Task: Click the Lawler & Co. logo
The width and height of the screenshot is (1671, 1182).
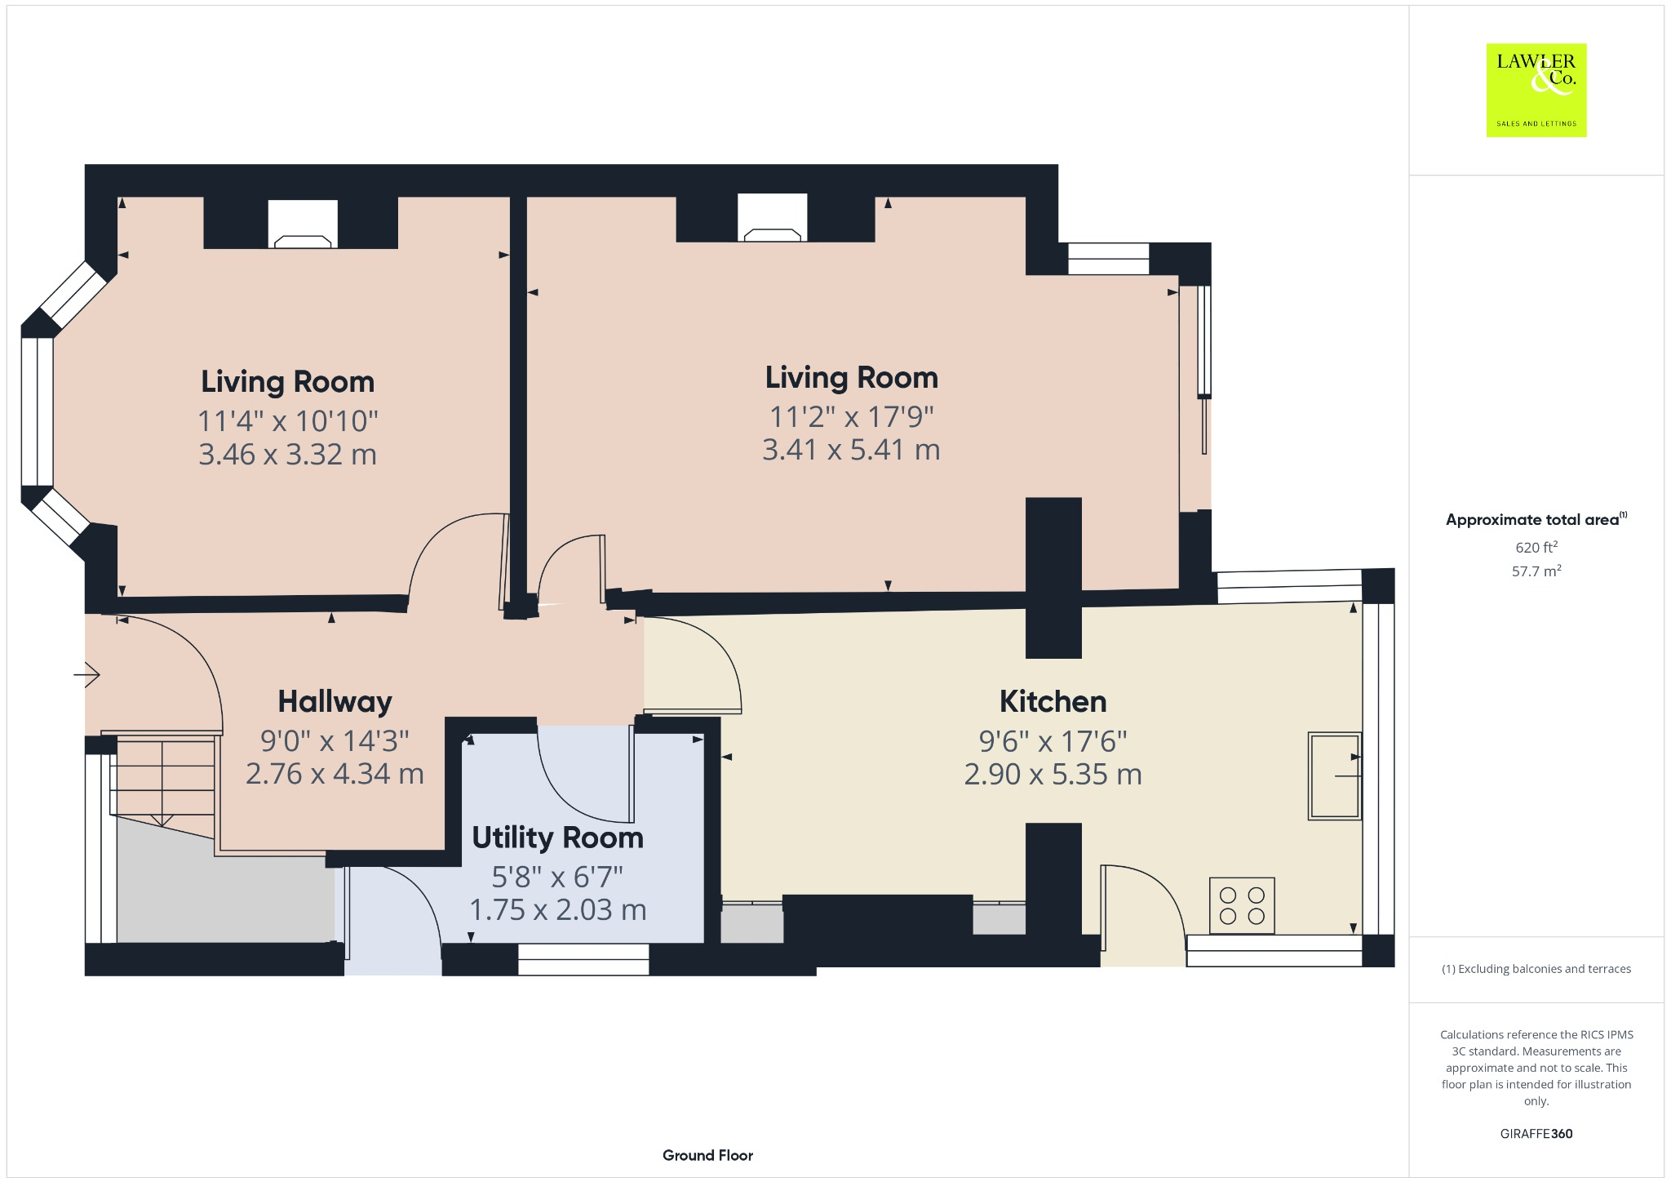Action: pyautogui.click(x=1536, y=90)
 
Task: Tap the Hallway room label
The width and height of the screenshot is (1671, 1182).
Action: pyautogui.click(x=335, y=702)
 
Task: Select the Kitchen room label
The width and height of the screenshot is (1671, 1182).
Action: pyautogui.click(x=1053, y=702)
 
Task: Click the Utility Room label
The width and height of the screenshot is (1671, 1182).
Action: pyautogui.click(x=557, y=838)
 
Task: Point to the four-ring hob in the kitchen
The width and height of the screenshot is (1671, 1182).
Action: pyautogui.click(x=1242, y=905)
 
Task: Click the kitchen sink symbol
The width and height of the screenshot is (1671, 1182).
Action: pyautogui.click(x=1334, y=775)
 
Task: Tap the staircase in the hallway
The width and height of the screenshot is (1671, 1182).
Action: pyautogui.click(x=163, y=780)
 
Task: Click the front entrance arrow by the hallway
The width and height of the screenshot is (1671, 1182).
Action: pyautogui.click(x=86, y=675)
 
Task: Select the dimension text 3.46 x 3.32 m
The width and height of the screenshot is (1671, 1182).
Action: pyautogui.click(x=287, y=455)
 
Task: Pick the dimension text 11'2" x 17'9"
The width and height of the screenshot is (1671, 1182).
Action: pyautogui.click(x=851, y=417)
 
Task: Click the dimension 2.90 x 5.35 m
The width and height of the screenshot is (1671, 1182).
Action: pyautogui.click(x=1053, y=775)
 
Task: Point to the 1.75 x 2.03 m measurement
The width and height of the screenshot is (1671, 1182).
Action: pyautogui.click(x=557, y=910)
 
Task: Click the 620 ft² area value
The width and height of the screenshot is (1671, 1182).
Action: pyautogui.click(x=1536, y=548)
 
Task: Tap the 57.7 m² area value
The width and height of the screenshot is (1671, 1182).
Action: pyautogui.click(x=1536, y=571)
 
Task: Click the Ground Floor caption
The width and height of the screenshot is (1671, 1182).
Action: pyautogui.click(x=707, y=1155)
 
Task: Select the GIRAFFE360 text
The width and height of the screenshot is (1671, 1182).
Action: pyautogui.click(x=1536, y=1134)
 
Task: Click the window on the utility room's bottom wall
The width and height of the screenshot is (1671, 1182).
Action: pyautogui.click(x=583, y=959)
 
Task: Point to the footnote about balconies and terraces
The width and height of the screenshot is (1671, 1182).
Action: pyautogui.click(x=1536, y=969)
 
